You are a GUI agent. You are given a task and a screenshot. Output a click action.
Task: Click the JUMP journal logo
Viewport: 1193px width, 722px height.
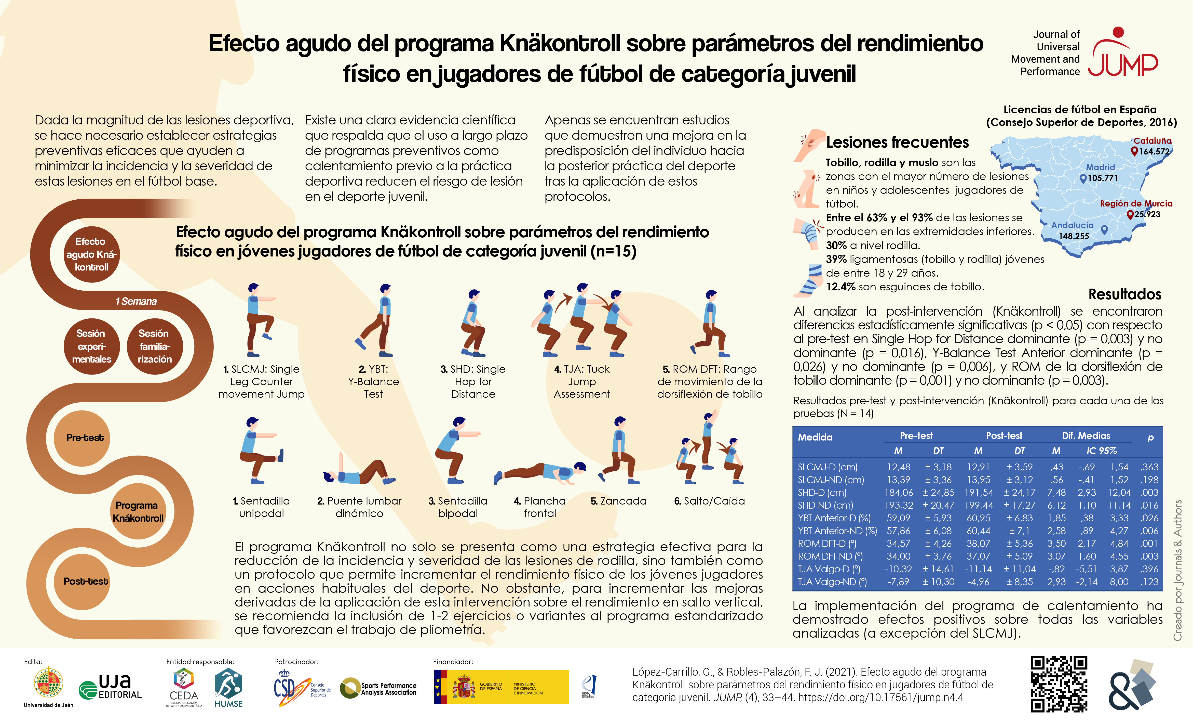[1122, 53]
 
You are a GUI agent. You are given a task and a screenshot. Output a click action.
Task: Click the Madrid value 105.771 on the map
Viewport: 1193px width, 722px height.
[1103, 178]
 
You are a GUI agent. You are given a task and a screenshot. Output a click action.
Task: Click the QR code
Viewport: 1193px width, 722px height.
[1059, 684]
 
